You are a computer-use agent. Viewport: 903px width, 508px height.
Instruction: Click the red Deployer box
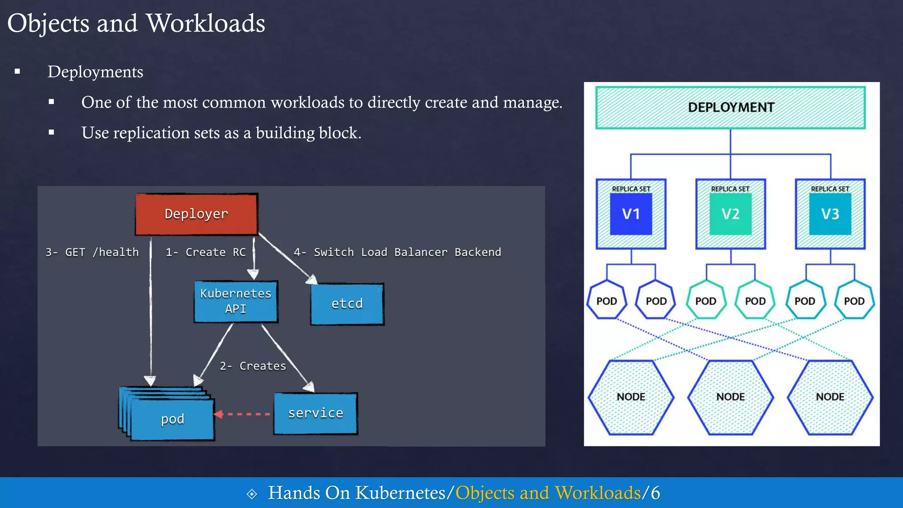196,214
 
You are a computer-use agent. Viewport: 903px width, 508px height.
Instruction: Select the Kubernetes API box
236,301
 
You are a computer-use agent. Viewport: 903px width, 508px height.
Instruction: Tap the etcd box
347,304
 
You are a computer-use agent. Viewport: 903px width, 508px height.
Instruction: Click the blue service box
315,413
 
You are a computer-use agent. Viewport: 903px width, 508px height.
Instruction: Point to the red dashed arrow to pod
243,414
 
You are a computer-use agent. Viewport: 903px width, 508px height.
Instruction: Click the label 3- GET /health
92,252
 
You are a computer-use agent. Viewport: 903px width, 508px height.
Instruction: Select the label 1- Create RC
205,252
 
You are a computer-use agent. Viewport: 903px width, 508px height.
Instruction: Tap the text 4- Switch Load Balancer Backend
397,252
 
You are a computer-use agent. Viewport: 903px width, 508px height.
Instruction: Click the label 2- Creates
253,366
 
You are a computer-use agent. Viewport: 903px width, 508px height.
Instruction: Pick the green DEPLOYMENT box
731,108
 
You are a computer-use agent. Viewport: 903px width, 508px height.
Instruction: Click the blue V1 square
631,214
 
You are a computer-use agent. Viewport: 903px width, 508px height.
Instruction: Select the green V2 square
731,214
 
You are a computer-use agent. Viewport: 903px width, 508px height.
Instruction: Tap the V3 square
830,214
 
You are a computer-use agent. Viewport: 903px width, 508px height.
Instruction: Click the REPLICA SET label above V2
730,189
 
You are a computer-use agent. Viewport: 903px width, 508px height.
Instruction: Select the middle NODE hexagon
731,397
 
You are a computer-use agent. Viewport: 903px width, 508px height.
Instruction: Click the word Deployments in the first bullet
95,72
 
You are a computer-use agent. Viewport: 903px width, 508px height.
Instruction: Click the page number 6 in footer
656,493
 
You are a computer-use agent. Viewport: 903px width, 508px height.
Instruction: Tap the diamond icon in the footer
252,494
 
